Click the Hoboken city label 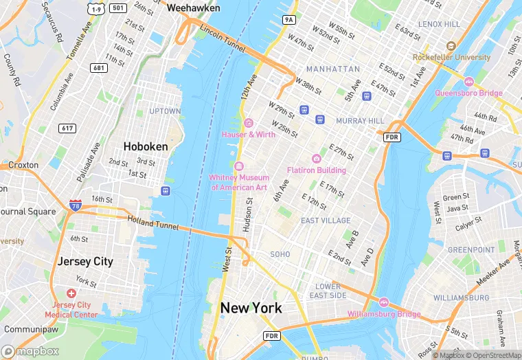tap(146, 146)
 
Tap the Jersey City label tap(85, 262)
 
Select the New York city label tap(251, 308)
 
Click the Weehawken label tap(194, 8)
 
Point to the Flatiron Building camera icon tap(316, 159)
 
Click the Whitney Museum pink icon tap(239, 166)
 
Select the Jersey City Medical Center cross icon tap(71, 293)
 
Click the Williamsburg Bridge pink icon tap(384, 302)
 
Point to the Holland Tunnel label tap(153, 223)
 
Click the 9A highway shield tap(289, 20)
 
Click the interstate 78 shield tap(75, 205)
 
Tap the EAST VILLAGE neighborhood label tap(326, 221)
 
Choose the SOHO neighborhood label tap(280, 254)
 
